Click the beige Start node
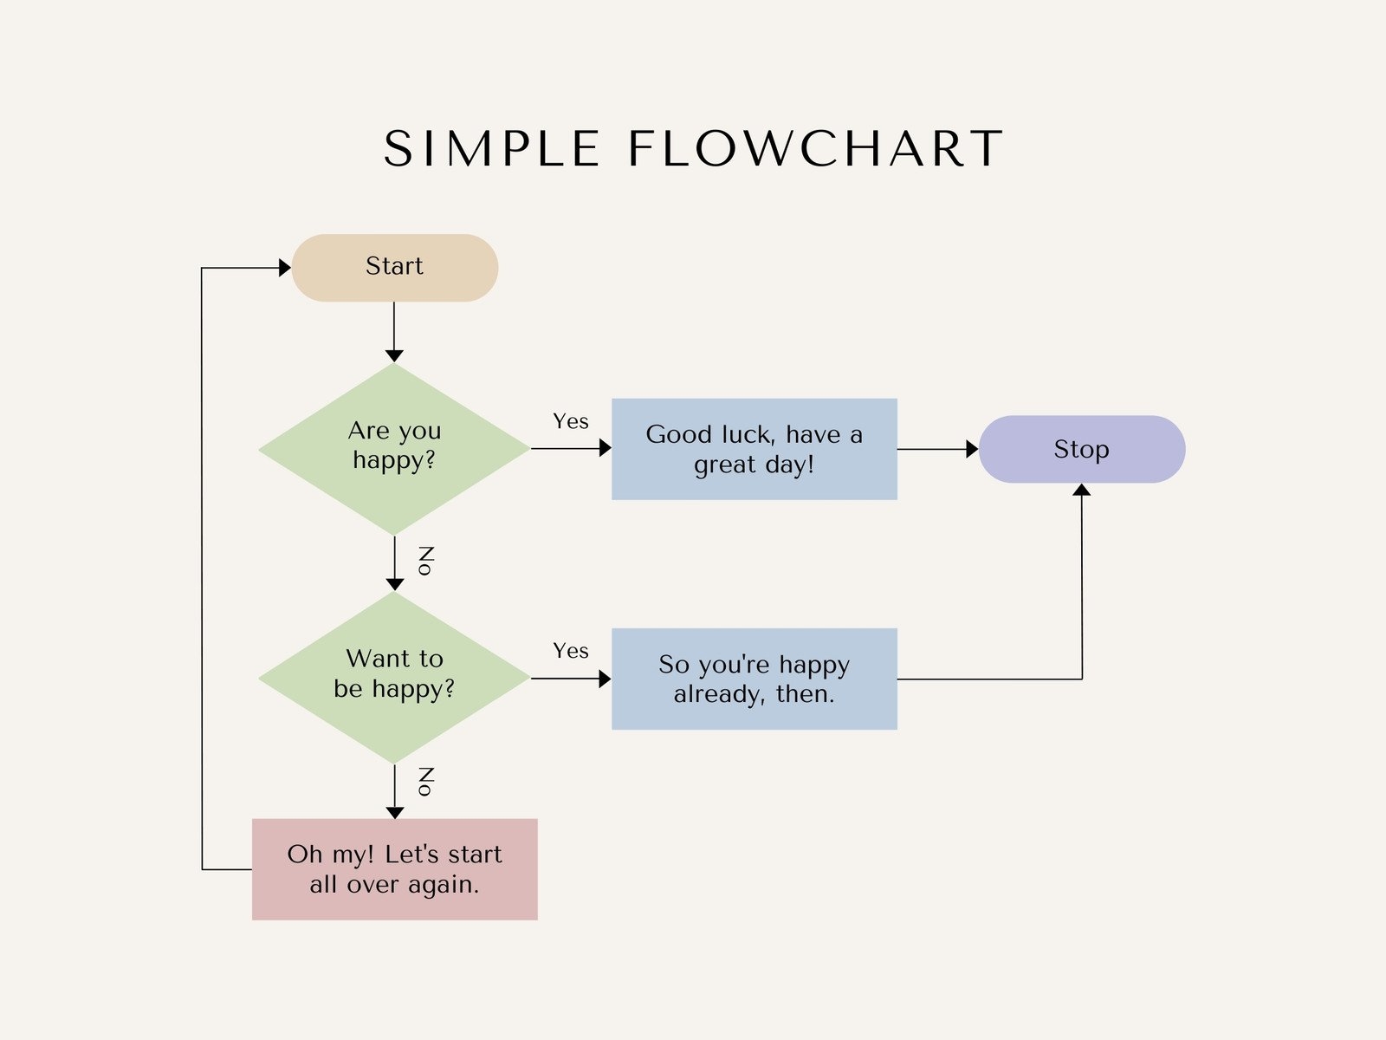click(394, 267)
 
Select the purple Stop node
click(1081, 449)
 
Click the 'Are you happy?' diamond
click(394, 447)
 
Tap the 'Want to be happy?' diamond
click(394, 676)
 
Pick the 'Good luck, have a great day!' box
click(754, 449)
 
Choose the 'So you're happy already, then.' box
click(754, 679)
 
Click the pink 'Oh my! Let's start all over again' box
click(394, 868)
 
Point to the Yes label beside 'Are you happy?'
click(571, 421)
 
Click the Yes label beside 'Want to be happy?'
click(571, 651)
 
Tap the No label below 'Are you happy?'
click(425, 561)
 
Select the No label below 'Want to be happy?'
click(425, 782)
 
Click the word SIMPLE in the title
click(491, 149)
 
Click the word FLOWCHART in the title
click(815, 149)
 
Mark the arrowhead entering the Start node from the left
click(284, 268)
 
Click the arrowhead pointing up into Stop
click(1081, 491)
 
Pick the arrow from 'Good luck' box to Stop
click(936, 449)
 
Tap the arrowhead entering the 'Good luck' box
click(605, 448)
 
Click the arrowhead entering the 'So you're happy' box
click(605, 679)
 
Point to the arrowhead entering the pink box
click(395, 812)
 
